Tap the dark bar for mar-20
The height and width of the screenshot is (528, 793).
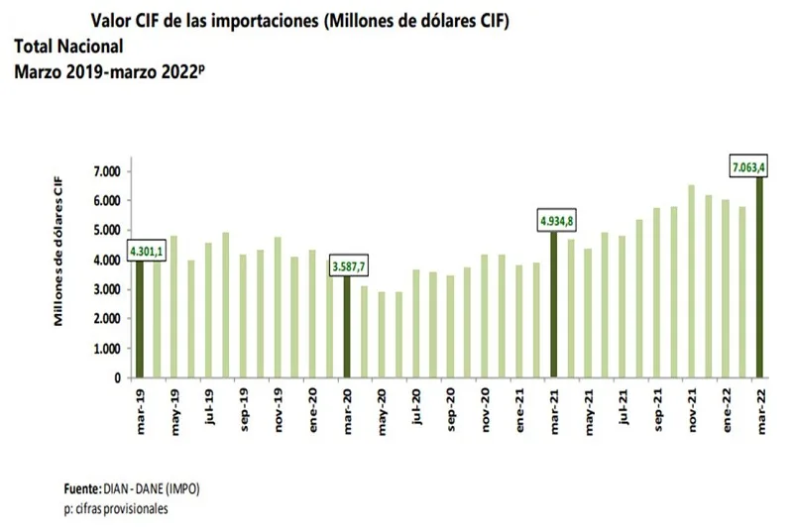(x=345, y=327)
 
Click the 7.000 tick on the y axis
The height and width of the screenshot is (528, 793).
(x=105, y=171)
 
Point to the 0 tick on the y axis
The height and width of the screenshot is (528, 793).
(x=116, y=377)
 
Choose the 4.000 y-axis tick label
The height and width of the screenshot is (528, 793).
(x=105, y=260)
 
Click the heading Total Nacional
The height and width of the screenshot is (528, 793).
(x=68, y=46)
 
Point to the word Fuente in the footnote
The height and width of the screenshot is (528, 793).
(x=81, y=489)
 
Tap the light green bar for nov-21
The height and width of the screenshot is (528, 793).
(x=691, y=281)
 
